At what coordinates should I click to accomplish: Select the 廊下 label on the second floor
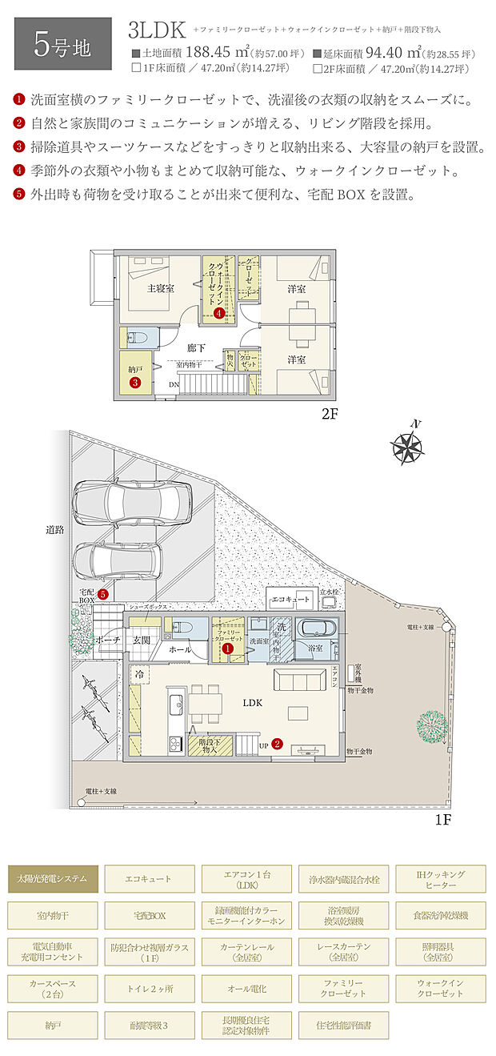tap(197, 348)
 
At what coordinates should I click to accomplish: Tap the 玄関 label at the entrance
tap(142, 640)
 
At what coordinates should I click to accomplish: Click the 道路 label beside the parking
tap(54, 530)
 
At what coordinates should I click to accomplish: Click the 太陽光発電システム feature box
tap(53, 878)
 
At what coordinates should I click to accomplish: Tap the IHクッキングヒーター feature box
tap(441, 878)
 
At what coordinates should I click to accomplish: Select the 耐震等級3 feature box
tap(150, 1025)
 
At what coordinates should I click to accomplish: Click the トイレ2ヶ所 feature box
tap(150, 988)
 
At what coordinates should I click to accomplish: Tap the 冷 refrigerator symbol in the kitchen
tap(139, 674)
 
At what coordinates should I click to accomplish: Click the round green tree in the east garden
tap(431, 727)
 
